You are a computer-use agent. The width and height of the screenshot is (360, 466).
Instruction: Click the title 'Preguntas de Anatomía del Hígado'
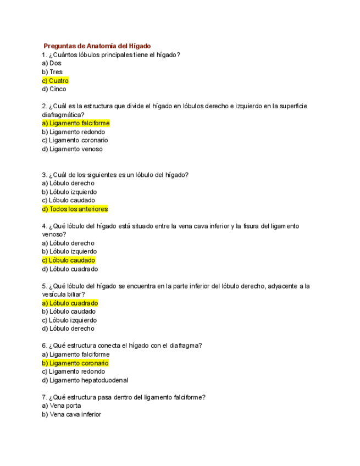(97, 46)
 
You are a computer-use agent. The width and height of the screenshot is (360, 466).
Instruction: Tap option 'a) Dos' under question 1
(52, 63)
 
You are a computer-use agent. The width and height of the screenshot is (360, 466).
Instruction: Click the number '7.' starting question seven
(44, 397)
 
